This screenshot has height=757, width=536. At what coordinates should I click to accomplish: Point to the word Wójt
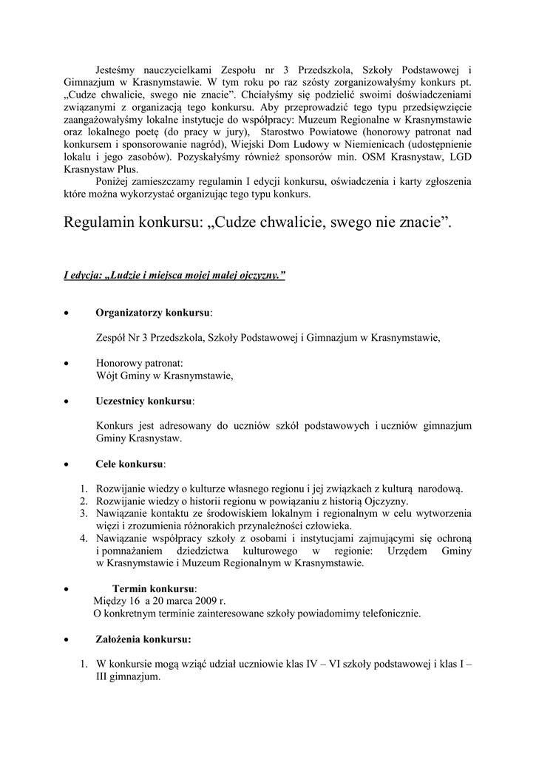109,376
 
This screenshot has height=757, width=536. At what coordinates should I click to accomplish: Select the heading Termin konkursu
154,588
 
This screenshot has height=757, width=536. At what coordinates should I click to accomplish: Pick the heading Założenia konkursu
143,639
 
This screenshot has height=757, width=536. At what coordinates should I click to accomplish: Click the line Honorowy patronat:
139,363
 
